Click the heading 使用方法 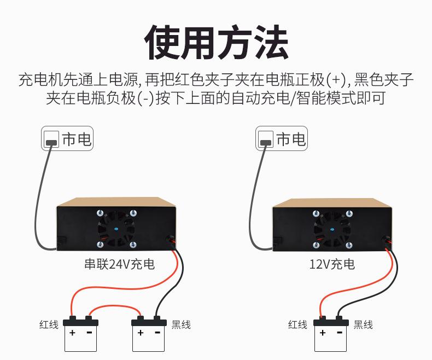[216, 42]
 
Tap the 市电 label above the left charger [77, 140]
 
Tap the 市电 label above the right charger [291, 140]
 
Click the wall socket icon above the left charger [51, 140]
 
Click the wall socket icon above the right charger [266, 140]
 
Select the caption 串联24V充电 [119, 265]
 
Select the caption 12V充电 [332, 265]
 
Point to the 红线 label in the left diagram [49, 324]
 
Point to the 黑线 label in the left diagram [182, 324]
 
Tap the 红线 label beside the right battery [297, 324]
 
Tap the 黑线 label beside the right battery [363, 324]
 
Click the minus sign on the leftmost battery [89, 333]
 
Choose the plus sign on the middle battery [141, 333]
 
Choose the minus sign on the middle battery [157, 333]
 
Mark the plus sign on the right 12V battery [323, 333]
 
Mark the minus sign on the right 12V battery [339, 333]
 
